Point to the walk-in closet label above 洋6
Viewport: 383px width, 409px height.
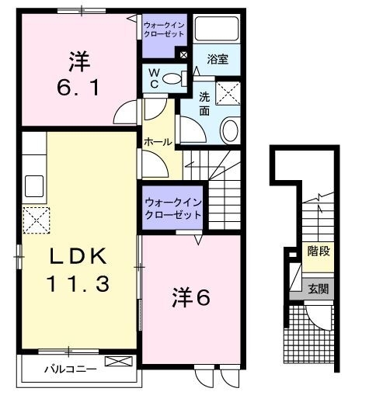172,209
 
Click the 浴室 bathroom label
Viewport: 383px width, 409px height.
217,58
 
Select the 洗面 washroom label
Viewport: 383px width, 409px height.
204,104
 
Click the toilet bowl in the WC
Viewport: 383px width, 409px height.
177,78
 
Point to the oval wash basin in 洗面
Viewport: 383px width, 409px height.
231,130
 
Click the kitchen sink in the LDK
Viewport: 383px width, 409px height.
34,186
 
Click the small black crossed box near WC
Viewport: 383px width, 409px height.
183,55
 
